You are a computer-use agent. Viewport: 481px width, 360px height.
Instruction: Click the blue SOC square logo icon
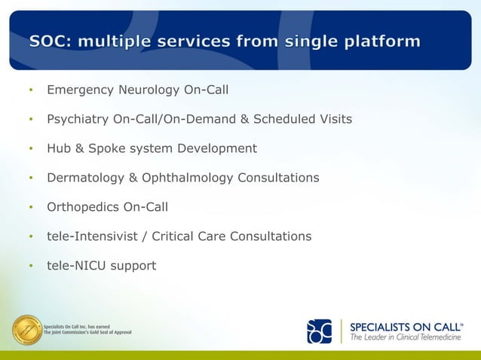319,331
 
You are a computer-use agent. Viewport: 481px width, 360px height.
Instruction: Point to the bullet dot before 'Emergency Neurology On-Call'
31,91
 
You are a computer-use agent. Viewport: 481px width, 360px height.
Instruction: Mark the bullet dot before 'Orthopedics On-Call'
31,208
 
